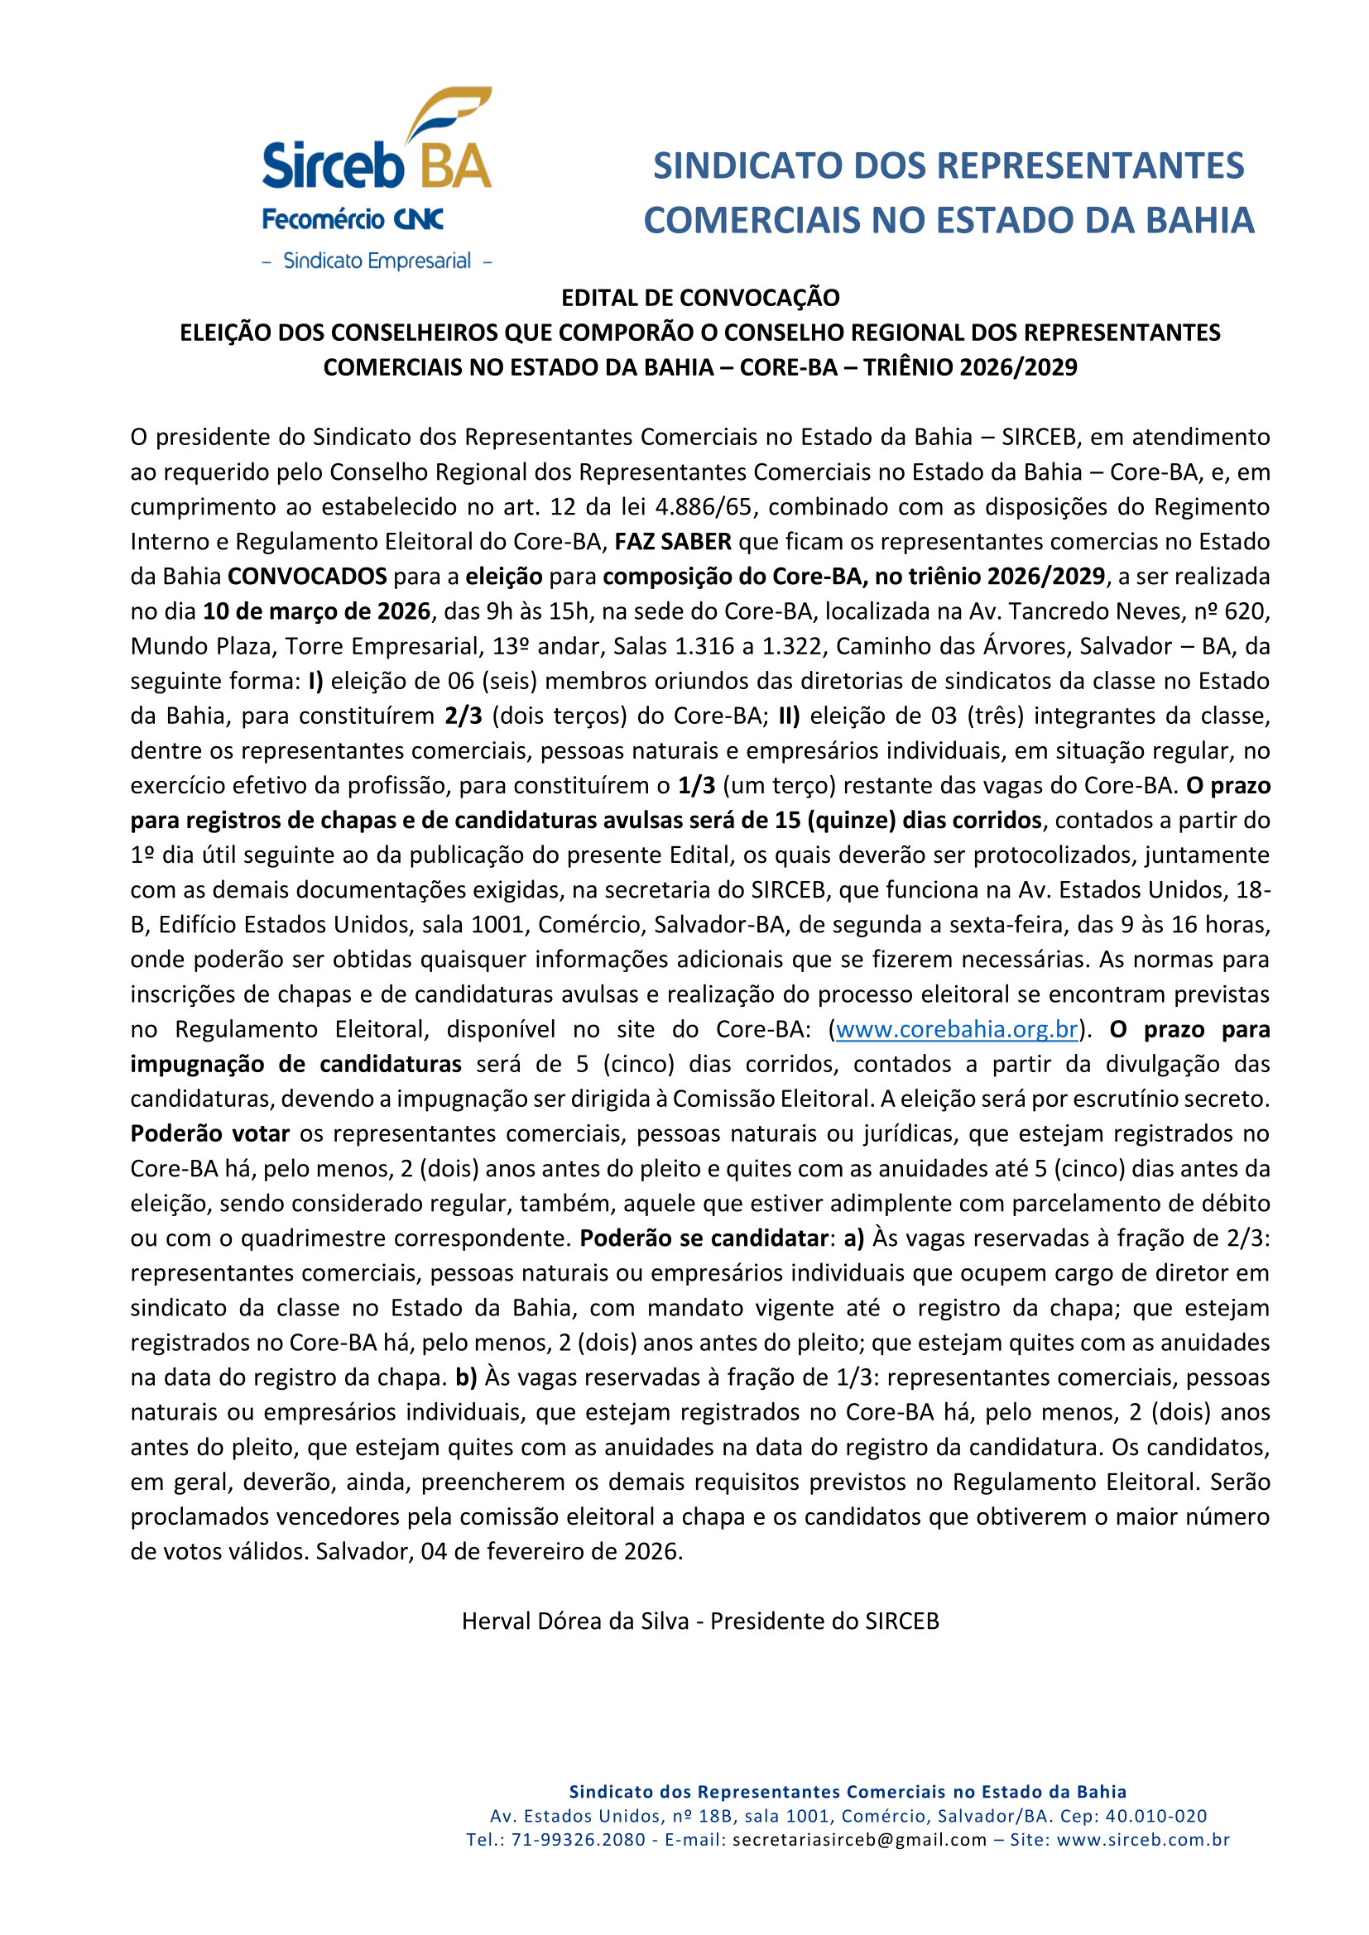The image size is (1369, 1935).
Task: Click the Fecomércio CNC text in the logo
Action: [x=353, y=220]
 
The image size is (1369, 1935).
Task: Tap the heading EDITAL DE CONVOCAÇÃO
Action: [x=699, y=298]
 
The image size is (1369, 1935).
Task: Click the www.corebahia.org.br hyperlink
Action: [x=957, y=1030]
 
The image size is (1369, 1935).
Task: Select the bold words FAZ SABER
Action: [x=673, y=542]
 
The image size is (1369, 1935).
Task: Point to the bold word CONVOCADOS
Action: [x=307, y=577]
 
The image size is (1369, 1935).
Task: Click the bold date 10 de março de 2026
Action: [x=316, y=611]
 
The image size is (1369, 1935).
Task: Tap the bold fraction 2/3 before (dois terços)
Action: [x=464, y=716]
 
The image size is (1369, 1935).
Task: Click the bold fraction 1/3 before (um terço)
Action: [x=696, y=785]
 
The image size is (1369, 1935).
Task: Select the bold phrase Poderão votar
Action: [x=210, y=1133]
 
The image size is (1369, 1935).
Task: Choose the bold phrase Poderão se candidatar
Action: [x=704, y=1238]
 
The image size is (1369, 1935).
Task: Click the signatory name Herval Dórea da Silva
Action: [x=576, y=1621]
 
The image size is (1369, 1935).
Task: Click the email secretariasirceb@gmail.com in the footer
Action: [x=859, y=1840]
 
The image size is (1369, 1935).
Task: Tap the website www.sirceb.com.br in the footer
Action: [x=1143, y=1840]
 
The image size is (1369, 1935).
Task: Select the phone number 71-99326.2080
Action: [x=579, y=1840]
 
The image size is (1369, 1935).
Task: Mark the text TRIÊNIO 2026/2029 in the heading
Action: [x=969, y=367]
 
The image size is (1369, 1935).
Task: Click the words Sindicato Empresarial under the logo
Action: [x=377, y=261]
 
